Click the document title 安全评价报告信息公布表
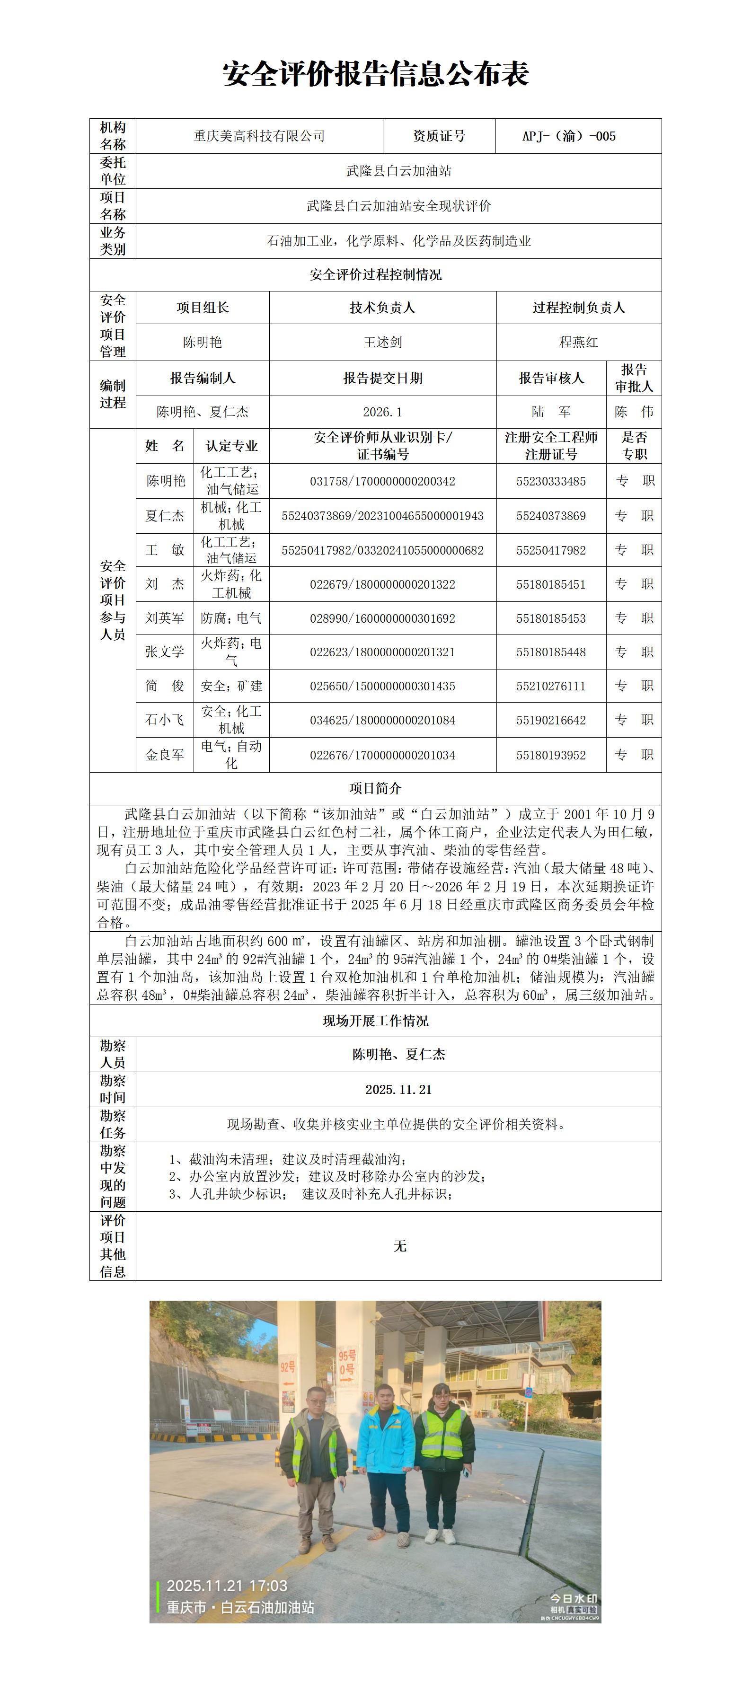click(375, 74)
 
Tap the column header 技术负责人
click(382, 308)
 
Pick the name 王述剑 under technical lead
click(382, 343)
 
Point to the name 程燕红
click(578, 343)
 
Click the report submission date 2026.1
click(382, 412)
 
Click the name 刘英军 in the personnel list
click(165, 618)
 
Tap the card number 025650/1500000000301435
click(382, 687)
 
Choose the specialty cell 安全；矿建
click(231, 686)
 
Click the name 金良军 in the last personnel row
click(165, 755)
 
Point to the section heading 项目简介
click(375, 789)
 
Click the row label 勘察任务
click(113, 1124)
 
